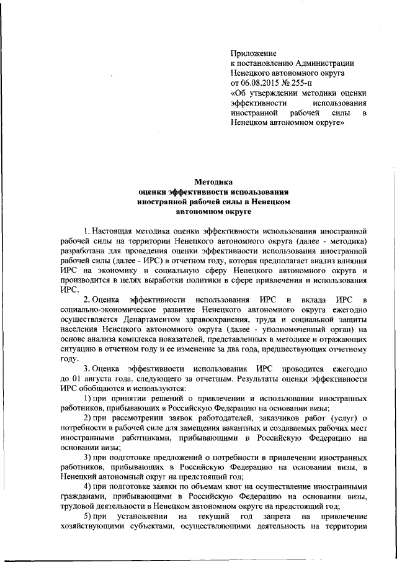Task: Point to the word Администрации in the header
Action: point(326,63)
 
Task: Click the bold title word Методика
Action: point(213,183)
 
